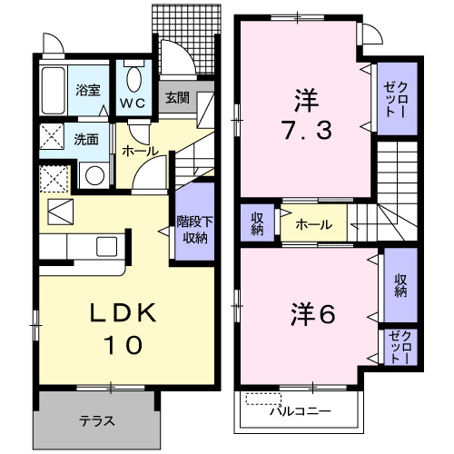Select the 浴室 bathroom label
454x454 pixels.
(x=87, y=90)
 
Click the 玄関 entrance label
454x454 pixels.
(x=177, y=97)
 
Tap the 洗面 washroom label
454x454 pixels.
(x=86, y=140)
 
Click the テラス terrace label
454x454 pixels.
(x=95, y=419)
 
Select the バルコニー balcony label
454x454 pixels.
(x=300, y=411)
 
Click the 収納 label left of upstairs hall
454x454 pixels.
(x=257, y=222)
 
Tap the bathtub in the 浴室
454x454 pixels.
(x=56, y=90)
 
